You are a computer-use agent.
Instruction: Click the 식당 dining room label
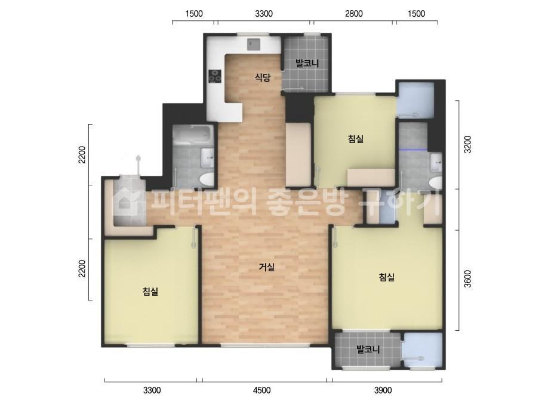click(x=263, y=77)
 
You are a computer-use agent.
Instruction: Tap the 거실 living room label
click(x=267, y=267)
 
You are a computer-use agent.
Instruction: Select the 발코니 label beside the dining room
click(x=307, y=64)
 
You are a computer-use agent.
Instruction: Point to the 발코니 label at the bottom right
click(x=368, y=349)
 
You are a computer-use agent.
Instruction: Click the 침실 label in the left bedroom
click(x=151, y=291)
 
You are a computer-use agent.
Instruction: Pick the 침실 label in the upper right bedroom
click(x=356, y=139)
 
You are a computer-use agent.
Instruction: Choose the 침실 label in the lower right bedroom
click(x=387, y=277)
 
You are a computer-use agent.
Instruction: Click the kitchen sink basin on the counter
click(x=253, y=44)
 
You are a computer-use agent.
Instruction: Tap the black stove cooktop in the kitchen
click(x=215, y=76)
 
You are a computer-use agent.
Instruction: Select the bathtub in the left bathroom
click(x=193, y=135)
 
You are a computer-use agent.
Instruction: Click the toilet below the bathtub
click(x=207, y=179)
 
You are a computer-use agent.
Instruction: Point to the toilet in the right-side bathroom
click(x=436, y=183)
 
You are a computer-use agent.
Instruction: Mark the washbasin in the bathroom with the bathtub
click(x=207, y=157)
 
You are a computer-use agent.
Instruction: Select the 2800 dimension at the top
click(x=353, y=14)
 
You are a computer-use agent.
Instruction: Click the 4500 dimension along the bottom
click(x=262, y=390)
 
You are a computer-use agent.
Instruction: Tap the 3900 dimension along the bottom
click(x=383, y=390)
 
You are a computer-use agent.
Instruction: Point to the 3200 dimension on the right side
click(x=467, y=144)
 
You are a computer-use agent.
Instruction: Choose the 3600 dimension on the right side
click(x=467, y=279)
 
